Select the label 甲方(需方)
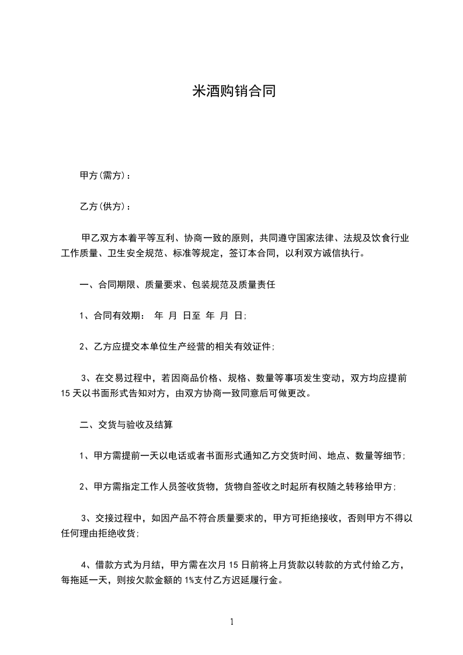click(102, 175)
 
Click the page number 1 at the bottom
click(232, 622)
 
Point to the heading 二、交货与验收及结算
click(126, 425)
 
